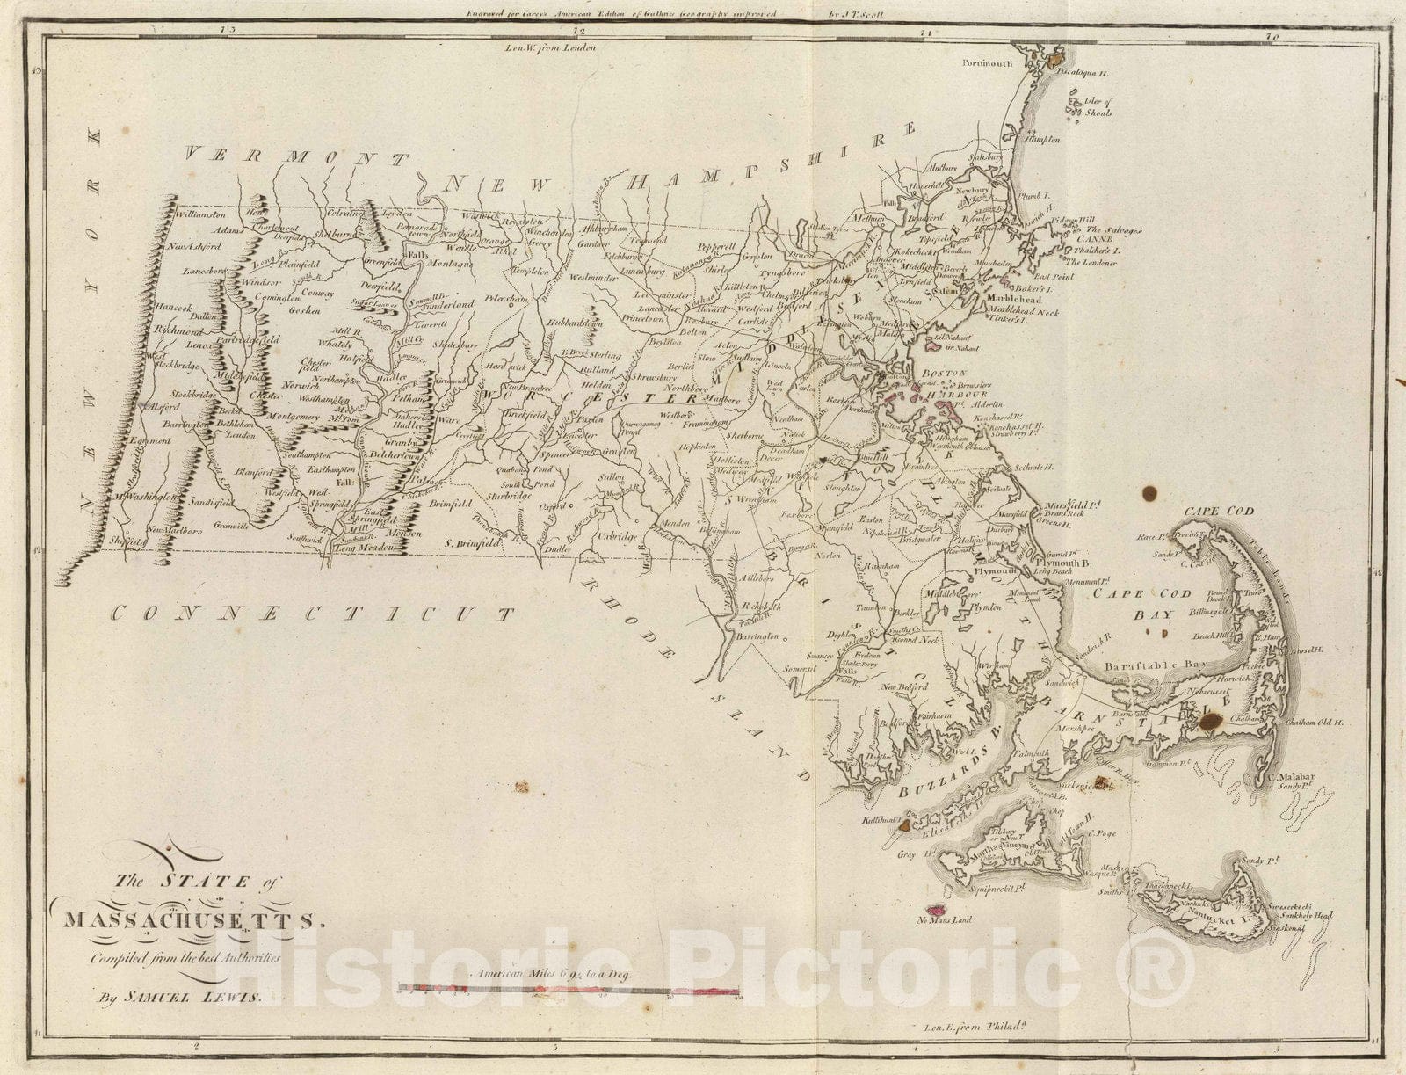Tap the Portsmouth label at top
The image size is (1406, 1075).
(987, 63)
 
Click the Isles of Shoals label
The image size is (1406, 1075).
(1098, 106)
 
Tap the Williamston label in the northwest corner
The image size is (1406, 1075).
(201, 214)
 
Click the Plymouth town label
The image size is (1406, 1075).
(994, 571)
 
